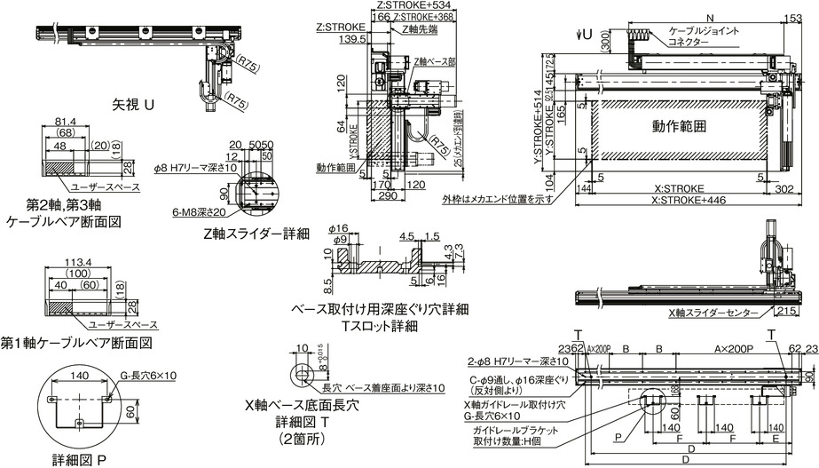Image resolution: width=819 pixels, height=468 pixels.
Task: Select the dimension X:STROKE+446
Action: tap(678, 201)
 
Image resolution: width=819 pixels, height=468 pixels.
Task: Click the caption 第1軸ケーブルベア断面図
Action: tap(77, 342)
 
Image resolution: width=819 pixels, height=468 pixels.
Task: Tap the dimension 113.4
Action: tap(76, 263)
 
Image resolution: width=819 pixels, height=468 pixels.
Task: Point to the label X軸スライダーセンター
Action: tap(713, 313)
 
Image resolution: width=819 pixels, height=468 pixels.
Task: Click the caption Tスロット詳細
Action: tap(380, 325)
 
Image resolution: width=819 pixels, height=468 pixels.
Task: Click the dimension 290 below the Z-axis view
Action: tap(387, 196)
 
